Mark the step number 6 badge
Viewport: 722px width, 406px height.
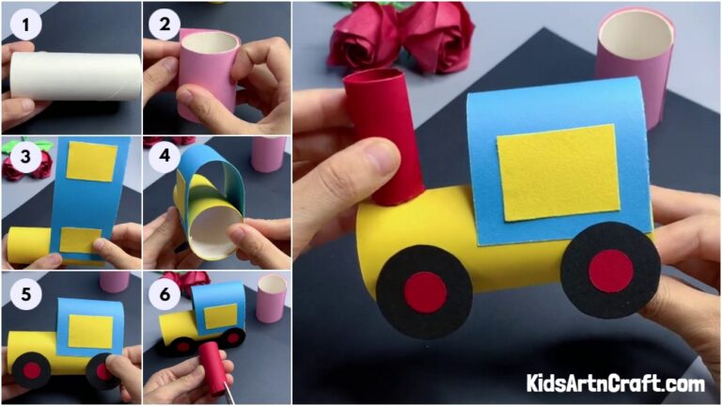coord(165,294)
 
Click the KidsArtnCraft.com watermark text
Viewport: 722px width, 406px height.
coord(616,383)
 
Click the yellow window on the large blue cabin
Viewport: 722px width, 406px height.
coord(558,172)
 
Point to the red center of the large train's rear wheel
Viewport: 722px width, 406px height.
coord(610,271)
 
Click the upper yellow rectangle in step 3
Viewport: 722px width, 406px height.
coord(91,162)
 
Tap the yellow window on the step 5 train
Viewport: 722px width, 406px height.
coord(89,328)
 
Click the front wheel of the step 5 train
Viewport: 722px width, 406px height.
coord(32,369)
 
